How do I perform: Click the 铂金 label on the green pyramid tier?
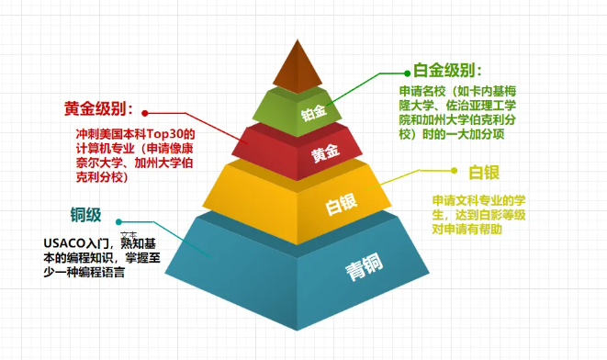(x=313, y=113)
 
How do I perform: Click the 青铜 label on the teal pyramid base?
(x=363, y=270)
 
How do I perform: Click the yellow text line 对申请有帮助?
(x=468, y=230)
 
